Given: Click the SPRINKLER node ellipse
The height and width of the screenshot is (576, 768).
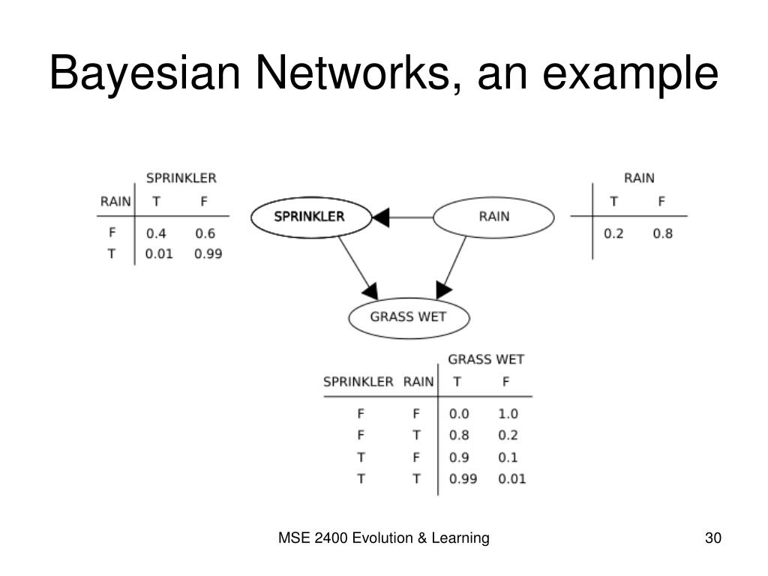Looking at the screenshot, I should (310, 217).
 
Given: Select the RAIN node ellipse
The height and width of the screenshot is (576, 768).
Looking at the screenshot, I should (493, 217).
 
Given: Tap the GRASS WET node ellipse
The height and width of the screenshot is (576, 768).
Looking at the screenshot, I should (408, 316).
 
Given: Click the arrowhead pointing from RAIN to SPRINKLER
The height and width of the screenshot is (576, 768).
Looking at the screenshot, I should (381, 217).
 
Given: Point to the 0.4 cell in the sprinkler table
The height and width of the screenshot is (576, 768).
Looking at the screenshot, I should (156, 233).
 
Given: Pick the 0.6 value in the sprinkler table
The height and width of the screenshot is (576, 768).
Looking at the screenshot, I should (205, 233).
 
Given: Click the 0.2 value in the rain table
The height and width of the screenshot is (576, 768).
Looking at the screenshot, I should (613, 233).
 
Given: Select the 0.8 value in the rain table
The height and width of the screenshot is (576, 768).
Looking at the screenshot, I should (662, 233).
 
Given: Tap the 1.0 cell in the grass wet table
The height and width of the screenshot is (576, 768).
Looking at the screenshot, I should (508, 413).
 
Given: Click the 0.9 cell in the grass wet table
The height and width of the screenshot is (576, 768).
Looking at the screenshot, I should (458, 457).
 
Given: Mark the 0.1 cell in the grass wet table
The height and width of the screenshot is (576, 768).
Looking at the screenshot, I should (508, 457).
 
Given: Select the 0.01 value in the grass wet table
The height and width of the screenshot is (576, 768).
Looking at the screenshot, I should (511, 479).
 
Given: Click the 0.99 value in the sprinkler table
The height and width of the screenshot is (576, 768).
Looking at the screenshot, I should (208, 253).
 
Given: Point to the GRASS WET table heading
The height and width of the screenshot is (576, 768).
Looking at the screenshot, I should (486, 359).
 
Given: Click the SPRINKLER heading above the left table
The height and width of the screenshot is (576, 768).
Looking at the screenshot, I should (181, 178).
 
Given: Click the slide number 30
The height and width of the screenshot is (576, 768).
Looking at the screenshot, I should (712, 538).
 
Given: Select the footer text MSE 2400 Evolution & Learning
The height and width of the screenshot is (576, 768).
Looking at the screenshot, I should (384, 538).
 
